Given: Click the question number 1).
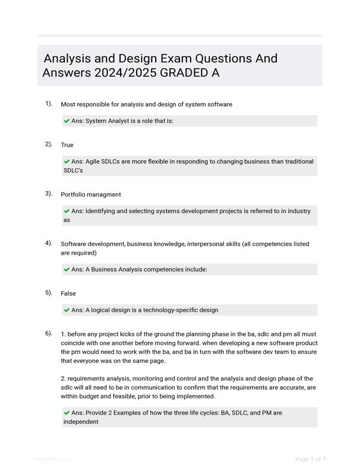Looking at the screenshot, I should pyautogui.click(x=49, y=104).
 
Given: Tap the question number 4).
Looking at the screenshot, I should pyautogui.click(x=49, y=243).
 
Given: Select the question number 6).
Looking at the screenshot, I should pyautogui.click(x=49, y=334).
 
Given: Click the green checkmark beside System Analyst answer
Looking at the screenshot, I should pyautogui.click(x=67, y=121).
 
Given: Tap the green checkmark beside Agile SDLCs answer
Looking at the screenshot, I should pyautogui.click(x=67, y=161).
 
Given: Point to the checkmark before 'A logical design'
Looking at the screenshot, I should pyautogui.click(x=67, y=310).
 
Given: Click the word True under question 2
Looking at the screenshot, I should pyautogui.click(x=67, y=145).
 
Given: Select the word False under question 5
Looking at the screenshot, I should pyautogui.click(x=68, y=293).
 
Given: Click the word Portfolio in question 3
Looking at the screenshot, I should pyautogui.click(x=74, y=195).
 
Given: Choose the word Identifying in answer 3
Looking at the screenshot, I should pyautogui.click(x=103, y=211).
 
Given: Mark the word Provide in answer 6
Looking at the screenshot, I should pyautogui.click(x=97, y=413).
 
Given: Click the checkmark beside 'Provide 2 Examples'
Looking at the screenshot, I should pyautogui.click(x=67, y=413).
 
